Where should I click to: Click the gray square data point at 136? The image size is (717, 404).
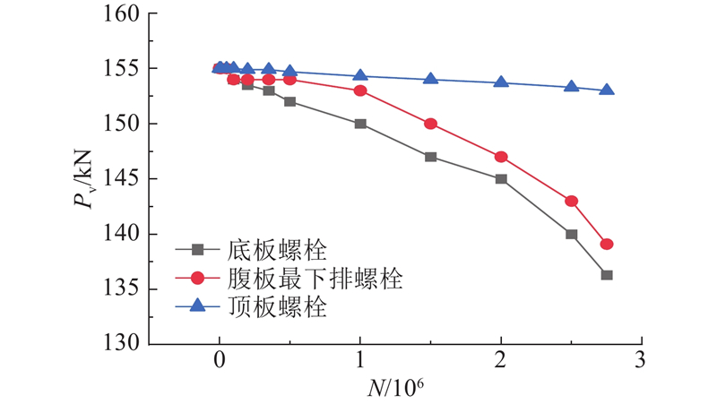tap(607, 275)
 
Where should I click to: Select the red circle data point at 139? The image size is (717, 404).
tap(607, 244)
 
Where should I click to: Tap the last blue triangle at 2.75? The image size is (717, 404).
tap(607, 90)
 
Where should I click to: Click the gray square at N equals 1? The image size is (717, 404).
tap(360, 124)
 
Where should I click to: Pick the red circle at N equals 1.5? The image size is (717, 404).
tap(430, 124)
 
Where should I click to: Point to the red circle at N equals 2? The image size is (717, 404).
tap(501, 157)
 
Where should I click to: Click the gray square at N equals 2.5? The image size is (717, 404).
tap(571, 234)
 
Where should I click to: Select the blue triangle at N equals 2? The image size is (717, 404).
tap(501, 82)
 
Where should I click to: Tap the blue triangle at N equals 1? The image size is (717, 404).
tap(360, 76)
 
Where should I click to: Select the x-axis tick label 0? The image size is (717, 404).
tap(220, 361)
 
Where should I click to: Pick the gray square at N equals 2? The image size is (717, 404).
tap(501, 178)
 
